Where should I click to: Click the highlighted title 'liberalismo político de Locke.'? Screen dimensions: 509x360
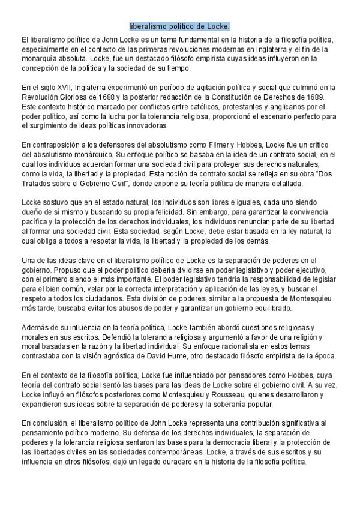179,27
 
